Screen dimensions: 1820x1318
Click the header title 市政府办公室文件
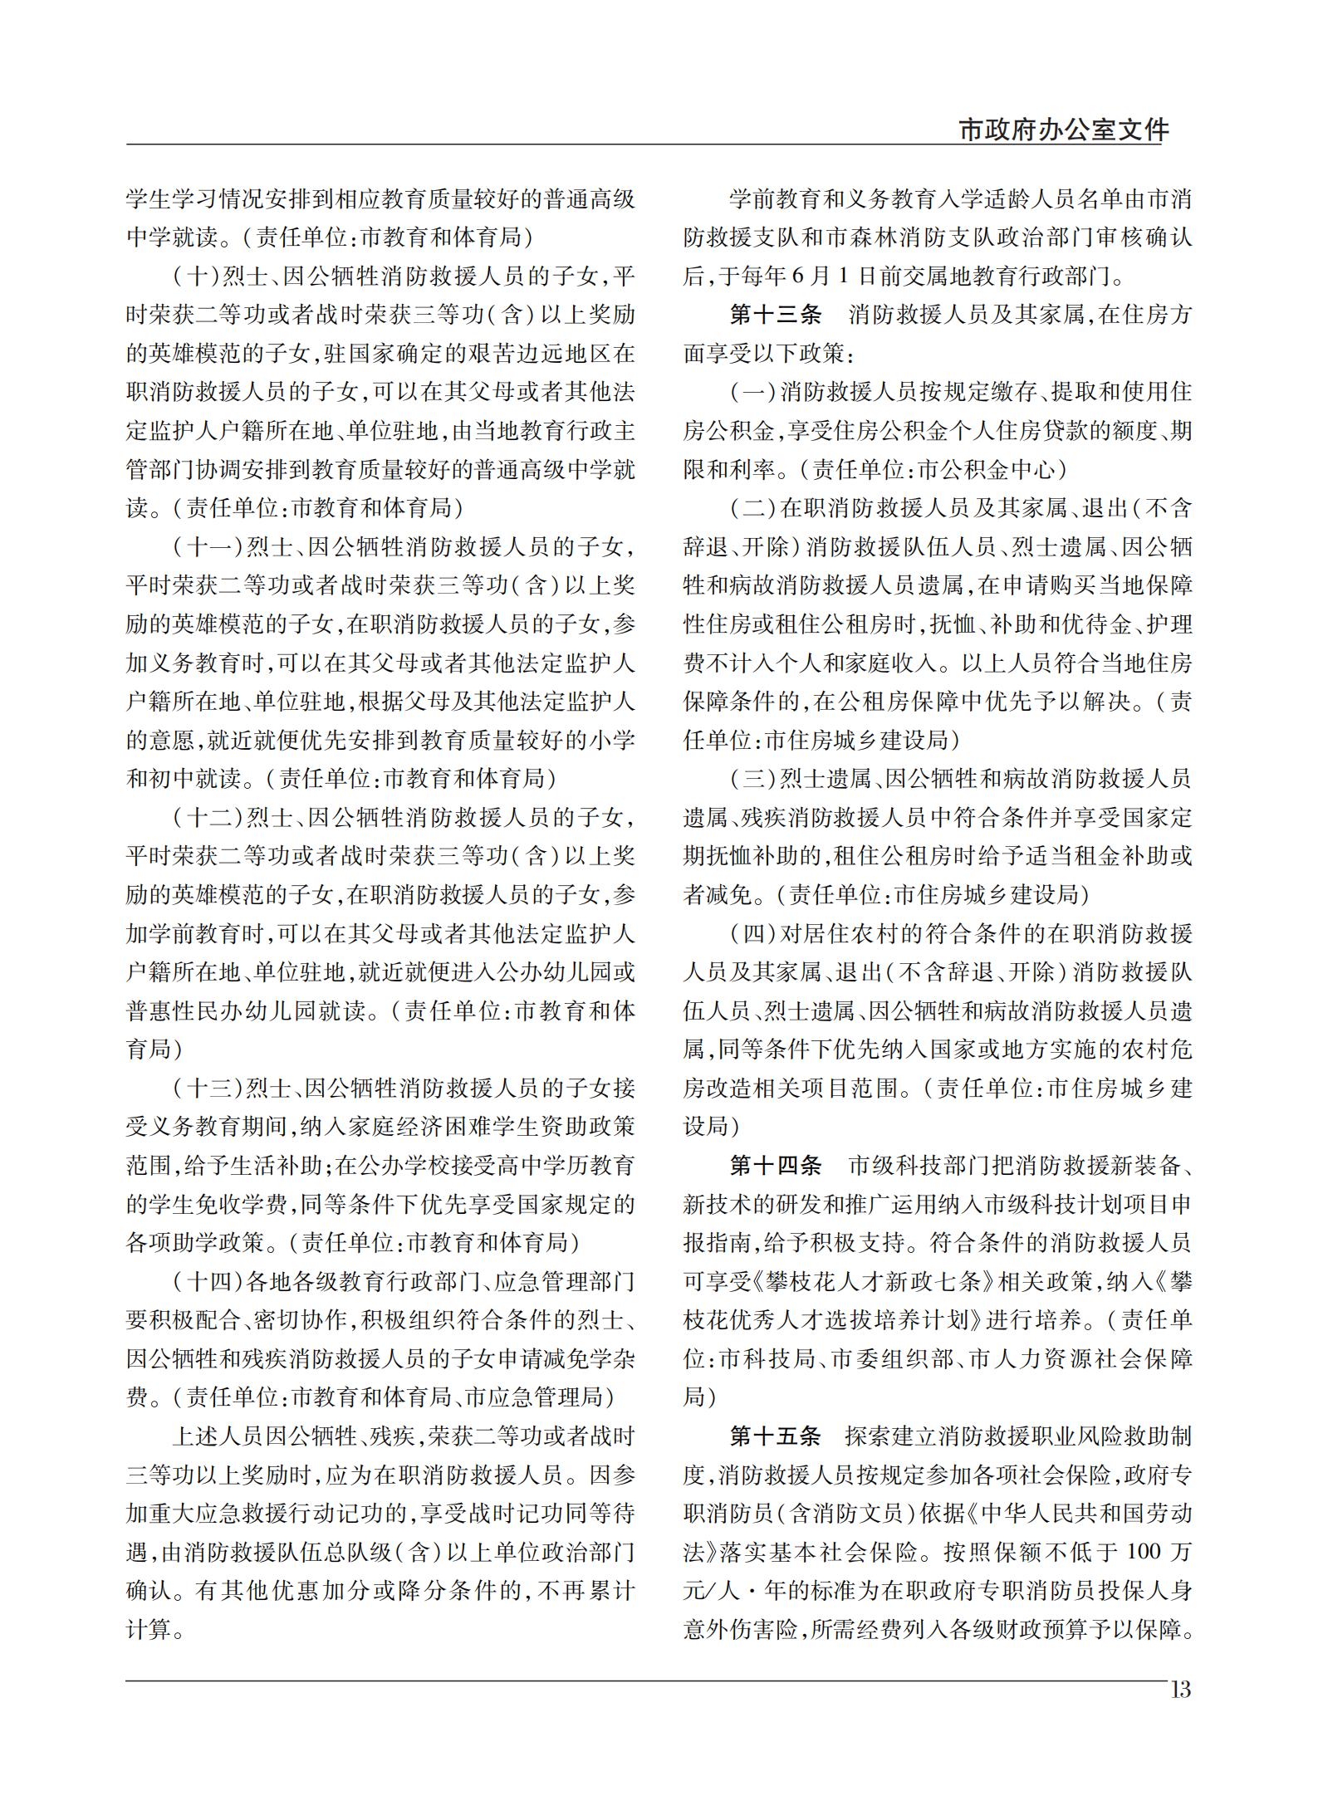1064,130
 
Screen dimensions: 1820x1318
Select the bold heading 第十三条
776,315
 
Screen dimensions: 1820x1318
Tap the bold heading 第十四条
776,1166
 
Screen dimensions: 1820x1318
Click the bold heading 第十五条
776,1436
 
